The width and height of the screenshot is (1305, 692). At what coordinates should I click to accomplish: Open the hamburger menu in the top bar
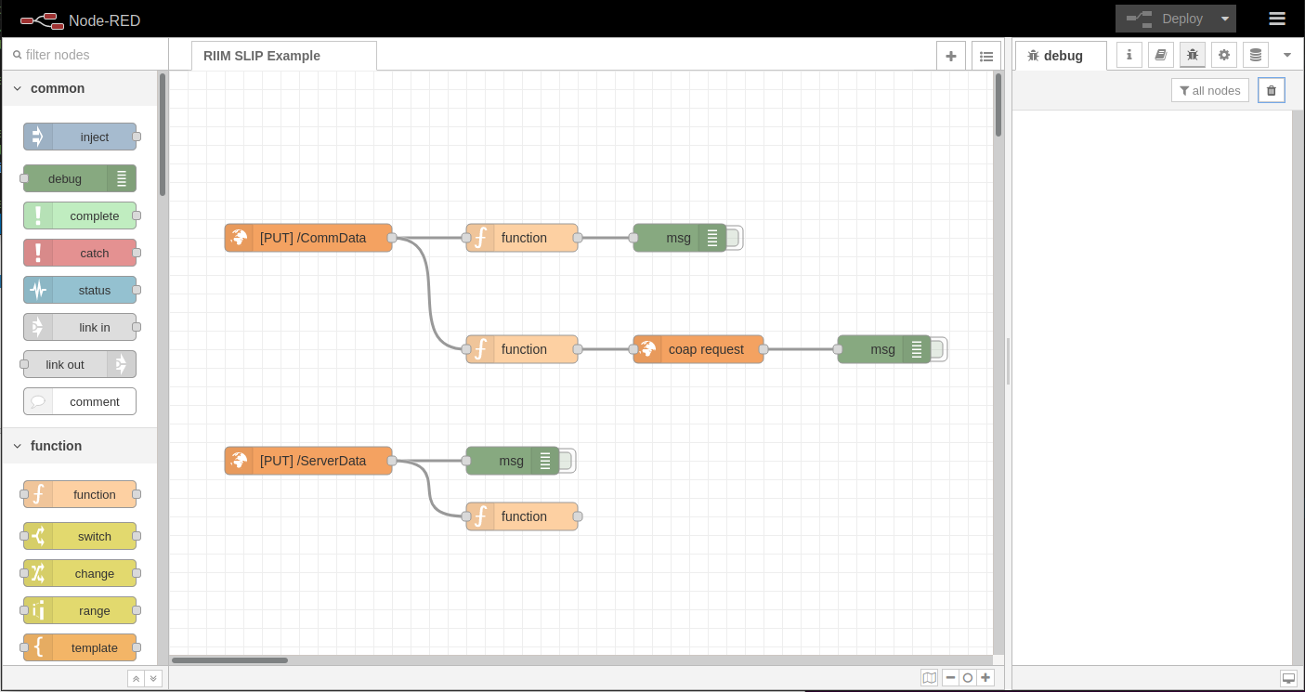(1277, 19)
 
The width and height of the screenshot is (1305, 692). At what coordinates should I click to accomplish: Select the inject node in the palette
(81, 137)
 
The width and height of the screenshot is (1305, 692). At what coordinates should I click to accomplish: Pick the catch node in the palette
(81, 253)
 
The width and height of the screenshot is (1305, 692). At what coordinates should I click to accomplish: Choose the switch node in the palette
(81, 536)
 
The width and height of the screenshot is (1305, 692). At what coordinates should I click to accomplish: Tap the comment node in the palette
(81, 401)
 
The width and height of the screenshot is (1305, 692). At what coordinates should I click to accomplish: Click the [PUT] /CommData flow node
(308, 238)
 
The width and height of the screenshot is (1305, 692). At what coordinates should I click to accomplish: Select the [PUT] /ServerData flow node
(308, 461)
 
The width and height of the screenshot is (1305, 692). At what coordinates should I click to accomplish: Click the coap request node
(698, 349)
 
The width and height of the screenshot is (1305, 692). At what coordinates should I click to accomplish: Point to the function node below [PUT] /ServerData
(522, 516)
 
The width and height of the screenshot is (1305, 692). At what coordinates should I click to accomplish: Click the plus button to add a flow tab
(950, 56)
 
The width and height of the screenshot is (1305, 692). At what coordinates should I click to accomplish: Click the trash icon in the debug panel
(1272, 90)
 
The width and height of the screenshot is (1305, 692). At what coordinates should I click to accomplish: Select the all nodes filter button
(1209, 90)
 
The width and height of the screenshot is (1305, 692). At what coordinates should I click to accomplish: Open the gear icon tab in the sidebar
(1224, 55)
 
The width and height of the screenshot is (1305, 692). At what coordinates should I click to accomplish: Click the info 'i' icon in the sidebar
(1129, 55)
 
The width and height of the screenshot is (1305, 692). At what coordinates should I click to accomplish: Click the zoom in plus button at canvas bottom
(985, 678)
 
